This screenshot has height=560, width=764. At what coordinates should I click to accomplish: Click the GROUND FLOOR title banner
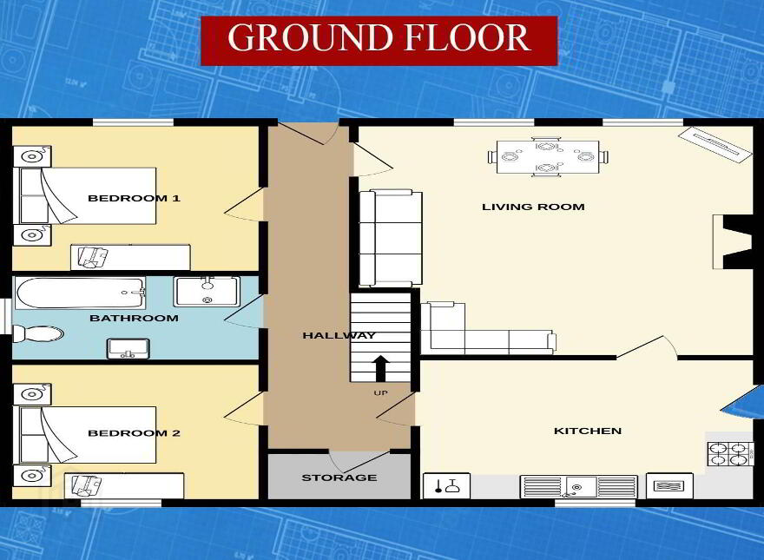tap(379, 41)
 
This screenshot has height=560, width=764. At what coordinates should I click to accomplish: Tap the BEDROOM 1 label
tap(134, 198)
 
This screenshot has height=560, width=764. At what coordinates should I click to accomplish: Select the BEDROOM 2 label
tap(134, 432)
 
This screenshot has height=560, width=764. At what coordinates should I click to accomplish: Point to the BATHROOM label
tap(134, 319)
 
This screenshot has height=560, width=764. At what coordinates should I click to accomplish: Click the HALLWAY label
tap(339, 335)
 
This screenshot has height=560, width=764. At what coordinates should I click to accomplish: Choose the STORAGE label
tap(339, 478)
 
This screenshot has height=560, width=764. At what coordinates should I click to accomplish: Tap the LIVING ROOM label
tap(534, 207)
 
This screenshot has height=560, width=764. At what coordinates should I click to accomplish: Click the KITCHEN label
tap(588, 431)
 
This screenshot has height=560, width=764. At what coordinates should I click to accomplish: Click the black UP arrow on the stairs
tap(380, 369)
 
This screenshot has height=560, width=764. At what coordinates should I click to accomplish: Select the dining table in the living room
tap(548, 157)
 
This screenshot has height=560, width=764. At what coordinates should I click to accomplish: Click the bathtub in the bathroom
tap(81, 293)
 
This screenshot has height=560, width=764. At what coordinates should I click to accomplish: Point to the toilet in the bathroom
tap(38, 334)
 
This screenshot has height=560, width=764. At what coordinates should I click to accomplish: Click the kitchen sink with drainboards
tap(579, 487)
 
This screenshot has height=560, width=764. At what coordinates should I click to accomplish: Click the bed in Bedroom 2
tap(88, 435)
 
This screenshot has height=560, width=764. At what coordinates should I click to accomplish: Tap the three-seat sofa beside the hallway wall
tap(391, 239)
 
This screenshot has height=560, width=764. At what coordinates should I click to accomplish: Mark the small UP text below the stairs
tap(380, 392)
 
